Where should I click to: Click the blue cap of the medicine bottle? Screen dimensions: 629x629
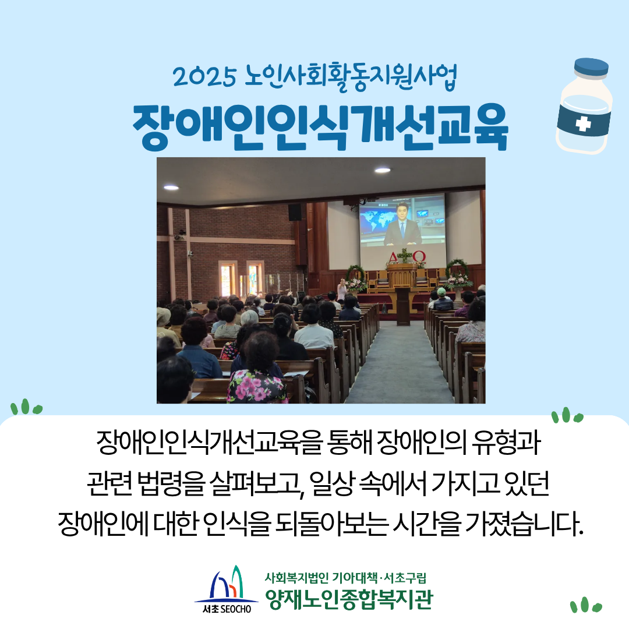pyautogui.click(x=591, y=68)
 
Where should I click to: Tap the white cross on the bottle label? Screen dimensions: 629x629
pyautogui.click(x=583, y=123)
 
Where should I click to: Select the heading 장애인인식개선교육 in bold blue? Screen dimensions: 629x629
pyautogui.click(x=320, y=127)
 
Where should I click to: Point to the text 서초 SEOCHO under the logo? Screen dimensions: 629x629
pyautogui.click(x=227, y=609)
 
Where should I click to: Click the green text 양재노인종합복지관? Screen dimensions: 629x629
pyautogui.click(x=349, y=599)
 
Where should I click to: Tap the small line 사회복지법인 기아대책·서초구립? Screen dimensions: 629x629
pyautogui.click(x=345, y=578)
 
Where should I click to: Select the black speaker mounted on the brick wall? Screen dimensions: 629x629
pyautogui.click(x=295, y=213)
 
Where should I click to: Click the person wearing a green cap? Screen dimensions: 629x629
pyautogui.click(x=443, y=299)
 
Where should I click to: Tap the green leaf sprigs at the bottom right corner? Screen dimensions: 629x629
pyautogui.click(x=586, y=605)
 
